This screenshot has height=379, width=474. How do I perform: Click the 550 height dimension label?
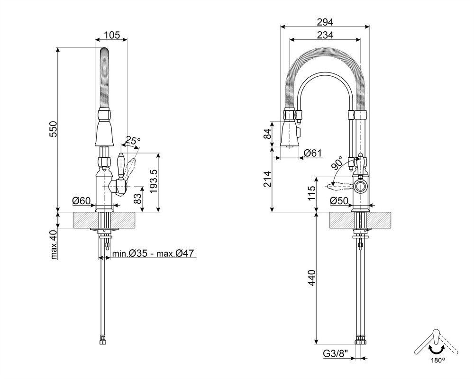click(x=53, y=129)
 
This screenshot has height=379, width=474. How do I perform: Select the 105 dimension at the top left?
click(x=112, y=36)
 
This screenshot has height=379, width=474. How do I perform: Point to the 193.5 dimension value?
click(x=153, y=181)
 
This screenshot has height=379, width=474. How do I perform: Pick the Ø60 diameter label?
click(x=82, y=200)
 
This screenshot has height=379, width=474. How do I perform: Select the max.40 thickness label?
click(x=54, y=245)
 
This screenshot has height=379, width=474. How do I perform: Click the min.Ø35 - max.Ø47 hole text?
click(x=153, y=253)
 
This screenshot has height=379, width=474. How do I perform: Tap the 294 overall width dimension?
click(x=325, y=22)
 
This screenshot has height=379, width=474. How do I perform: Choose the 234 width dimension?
click(x=325, y=36)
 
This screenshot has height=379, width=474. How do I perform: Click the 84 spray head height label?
click(x=267, y=134)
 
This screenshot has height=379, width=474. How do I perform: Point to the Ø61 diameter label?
click(x=313, y=153)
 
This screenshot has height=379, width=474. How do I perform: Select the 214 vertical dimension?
click(x=267, y=179)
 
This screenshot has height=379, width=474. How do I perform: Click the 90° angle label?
click(x=337, y=162)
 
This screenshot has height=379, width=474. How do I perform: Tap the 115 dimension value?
click(x=312, y=193)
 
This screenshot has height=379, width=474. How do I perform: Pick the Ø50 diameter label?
click(x=339, y=201)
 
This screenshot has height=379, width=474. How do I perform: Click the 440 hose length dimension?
click(x=312, y=278)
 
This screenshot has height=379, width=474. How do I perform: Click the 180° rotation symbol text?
click(x=438, y=360)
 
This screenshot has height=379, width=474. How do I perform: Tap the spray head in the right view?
click(x=291, y=133)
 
